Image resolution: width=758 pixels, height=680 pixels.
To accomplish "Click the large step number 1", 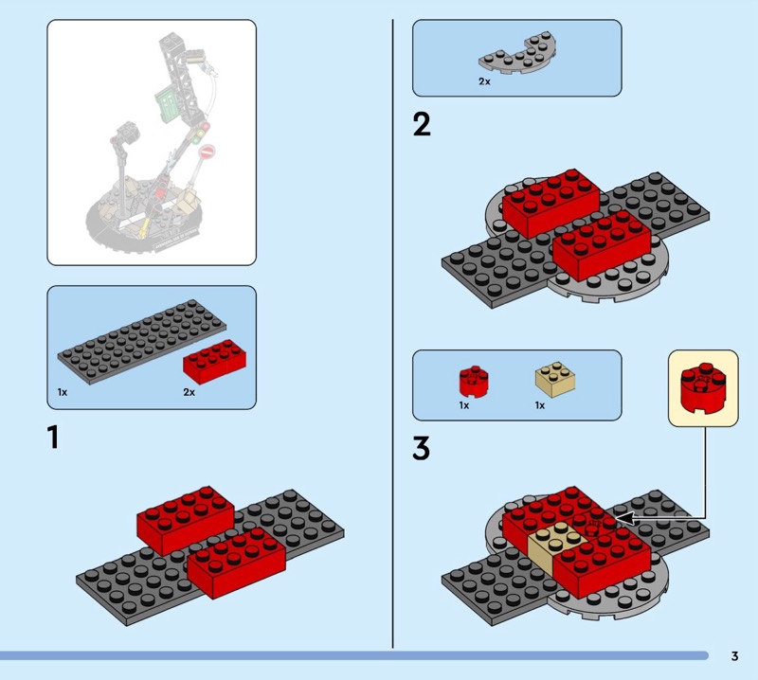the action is click(53, 438).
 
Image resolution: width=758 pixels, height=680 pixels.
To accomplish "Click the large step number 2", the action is click(422, 124).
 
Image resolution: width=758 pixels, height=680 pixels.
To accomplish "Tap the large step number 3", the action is click(421, 449).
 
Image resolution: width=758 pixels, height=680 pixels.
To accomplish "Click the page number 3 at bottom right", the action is click(735, 655).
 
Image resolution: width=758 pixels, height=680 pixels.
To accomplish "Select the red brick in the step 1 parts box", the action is click(214, 362).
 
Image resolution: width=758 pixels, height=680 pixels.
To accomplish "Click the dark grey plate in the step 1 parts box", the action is click(141, 341).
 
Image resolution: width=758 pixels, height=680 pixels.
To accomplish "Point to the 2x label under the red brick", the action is click(189, 392).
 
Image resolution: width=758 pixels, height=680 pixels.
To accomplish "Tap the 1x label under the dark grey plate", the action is click(63, 392).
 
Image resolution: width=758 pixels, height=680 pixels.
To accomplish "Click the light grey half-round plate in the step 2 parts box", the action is click(517, 54).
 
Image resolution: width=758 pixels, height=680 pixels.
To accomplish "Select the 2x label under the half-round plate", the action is click(484, 81).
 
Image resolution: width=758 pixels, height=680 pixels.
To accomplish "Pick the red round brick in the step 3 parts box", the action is click(473, 382).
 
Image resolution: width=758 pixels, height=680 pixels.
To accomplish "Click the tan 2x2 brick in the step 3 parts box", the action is click(555, 380).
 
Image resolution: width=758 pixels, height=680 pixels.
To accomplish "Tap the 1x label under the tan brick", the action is click(540, 405).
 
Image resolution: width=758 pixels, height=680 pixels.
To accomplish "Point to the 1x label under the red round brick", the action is click(464, 405).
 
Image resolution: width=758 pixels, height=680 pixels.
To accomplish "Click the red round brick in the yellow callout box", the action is click(703, 388).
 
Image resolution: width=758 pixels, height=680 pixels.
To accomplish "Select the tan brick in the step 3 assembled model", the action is click(555, 543).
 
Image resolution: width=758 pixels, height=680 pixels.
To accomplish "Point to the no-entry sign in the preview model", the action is click(207, 152).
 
